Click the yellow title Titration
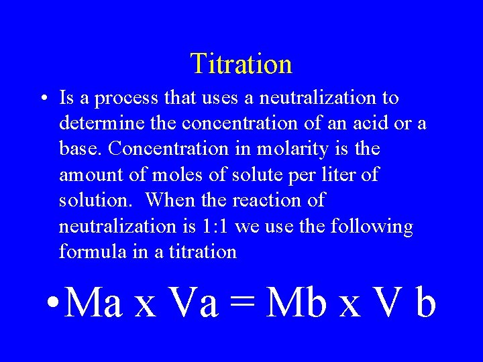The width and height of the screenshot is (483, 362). point(241,64)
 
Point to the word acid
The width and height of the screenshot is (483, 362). point(371,124)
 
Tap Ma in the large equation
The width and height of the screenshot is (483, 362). point(94,303)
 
